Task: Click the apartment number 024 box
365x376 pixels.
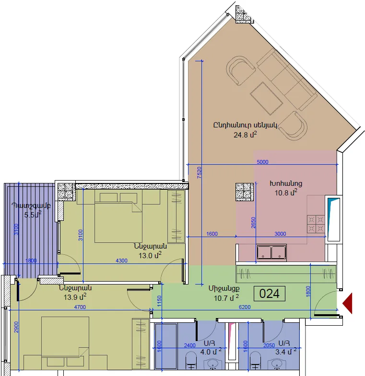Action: [270, 294]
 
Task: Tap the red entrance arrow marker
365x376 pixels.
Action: [347, 303]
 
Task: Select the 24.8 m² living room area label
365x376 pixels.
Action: [245, 135]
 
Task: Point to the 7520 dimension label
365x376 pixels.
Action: [199, 172]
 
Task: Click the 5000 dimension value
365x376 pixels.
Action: [262, 162]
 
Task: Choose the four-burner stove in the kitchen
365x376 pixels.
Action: [316, 224]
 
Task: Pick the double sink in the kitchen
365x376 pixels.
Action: [271, 252]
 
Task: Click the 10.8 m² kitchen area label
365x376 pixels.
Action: [286, 193]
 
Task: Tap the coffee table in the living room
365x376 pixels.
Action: [266, 98]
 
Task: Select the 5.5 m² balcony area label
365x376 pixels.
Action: [33, 215]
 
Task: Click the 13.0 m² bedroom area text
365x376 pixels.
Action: [150, 255]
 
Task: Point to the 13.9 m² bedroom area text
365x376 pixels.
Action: [75, 297]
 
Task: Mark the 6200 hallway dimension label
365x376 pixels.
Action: [245, 307]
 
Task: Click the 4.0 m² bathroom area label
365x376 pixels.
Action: [211, 352]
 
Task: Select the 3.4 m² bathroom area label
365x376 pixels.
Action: [286, 352]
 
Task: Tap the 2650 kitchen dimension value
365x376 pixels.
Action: [253, 223]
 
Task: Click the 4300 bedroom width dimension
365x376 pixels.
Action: [121, 261]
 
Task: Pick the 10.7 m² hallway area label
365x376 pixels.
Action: [226, 298]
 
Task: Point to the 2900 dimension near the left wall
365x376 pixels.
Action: [16, 327]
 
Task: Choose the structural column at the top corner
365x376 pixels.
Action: [245, 14]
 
